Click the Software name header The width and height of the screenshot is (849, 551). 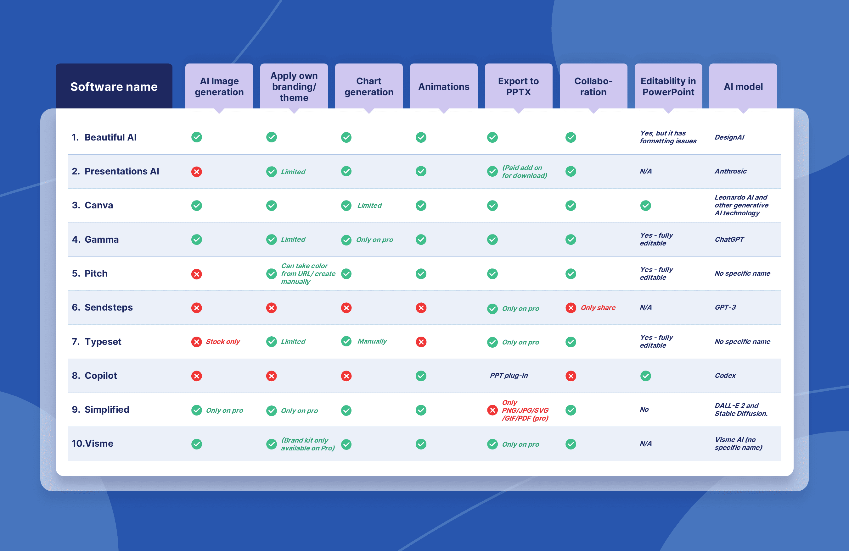click(114, 87)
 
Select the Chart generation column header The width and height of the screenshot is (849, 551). click(368, 87)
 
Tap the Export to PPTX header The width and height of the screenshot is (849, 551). click(518, 87)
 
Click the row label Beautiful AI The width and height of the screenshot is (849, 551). click(110, 137)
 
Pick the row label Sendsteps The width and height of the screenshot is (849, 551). click(109, 307)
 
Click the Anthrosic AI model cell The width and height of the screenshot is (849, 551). click(730, 171)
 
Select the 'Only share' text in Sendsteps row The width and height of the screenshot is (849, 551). click(598, 308)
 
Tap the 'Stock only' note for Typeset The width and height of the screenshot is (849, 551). click(222, 341)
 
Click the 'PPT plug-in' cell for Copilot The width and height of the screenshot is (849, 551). click(509, 375)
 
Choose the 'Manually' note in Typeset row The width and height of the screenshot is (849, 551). click(372, 341)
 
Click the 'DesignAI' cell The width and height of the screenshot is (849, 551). click(729, 137)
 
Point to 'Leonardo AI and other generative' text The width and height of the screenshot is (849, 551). click(741, 201)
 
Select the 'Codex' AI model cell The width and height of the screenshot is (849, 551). click(725, 375)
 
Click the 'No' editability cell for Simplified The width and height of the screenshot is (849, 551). click(644, 410)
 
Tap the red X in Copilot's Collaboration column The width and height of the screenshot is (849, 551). click(571, 376)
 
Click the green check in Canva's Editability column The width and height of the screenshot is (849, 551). click(645, 206)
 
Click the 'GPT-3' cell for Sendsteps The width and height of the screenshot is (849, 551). click(725, 307)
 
